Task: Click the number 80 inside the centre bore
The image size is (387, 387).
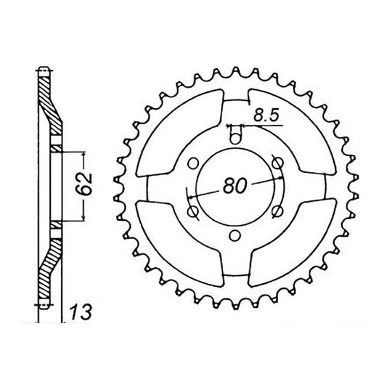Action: pos(235,185)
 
